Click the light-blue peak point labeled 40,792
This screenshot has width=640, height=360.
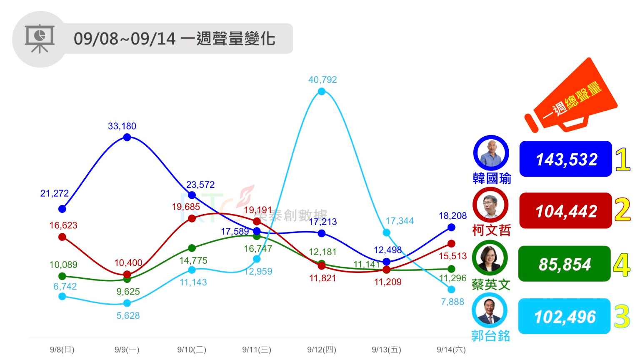[x=321, y=91]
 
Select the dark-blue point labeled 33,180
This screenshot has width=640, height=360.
[x=127, y=137]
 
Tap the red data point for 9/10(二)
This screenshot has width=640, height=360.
[x=192, y=218]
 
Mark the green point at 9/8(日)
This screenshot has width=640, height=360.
[x=62, y=276]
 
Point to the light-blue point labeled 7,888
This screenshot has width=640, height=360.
[x=451, y=289]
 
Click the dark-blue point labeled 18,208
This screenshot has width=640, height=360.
[x=451, y=227]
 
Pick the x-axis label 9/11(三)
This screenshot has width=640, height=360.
[x=257, y=350]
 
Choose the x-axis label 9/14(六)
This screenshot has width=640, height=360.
[x=451, y=350]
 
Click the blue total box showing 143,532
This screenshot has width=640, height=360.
[x=565, y=159]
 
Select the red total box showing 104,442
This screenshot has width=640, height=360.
[x=565, y=211]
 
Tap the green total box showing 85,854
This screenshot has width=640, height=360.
[x=564, y=264]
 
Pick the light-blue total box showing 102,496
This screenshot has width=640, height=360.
[x=564, y=316]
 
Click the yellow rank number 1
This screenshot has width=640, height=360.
[x=622, y=160]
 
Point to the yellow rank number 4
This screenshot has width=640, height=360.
[x=622, y=265]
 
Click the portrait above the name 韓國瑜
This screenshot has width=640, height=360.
[x=491, y=153]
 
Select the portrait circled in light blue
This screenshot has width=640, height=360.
[x=490, y=311]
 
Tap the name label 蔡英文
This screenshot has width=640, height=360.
[x=491, y=285]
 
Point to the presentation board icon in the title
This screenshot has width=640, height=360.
[x=40, y=39]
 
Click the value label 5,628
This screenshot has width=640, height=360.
[x=128, y=315]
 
